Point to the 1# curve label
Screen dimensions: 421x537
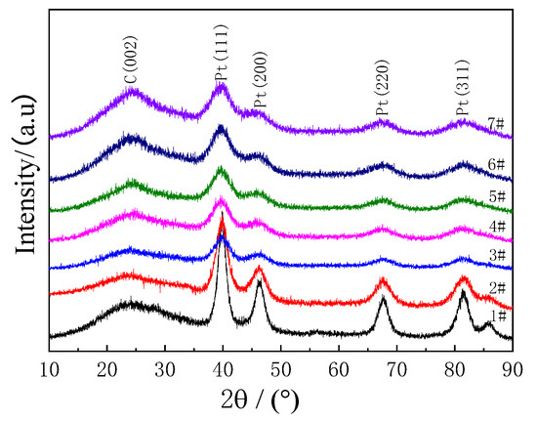point(497,316)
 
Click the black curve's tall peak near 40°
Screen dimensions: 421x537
point(223,237)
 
